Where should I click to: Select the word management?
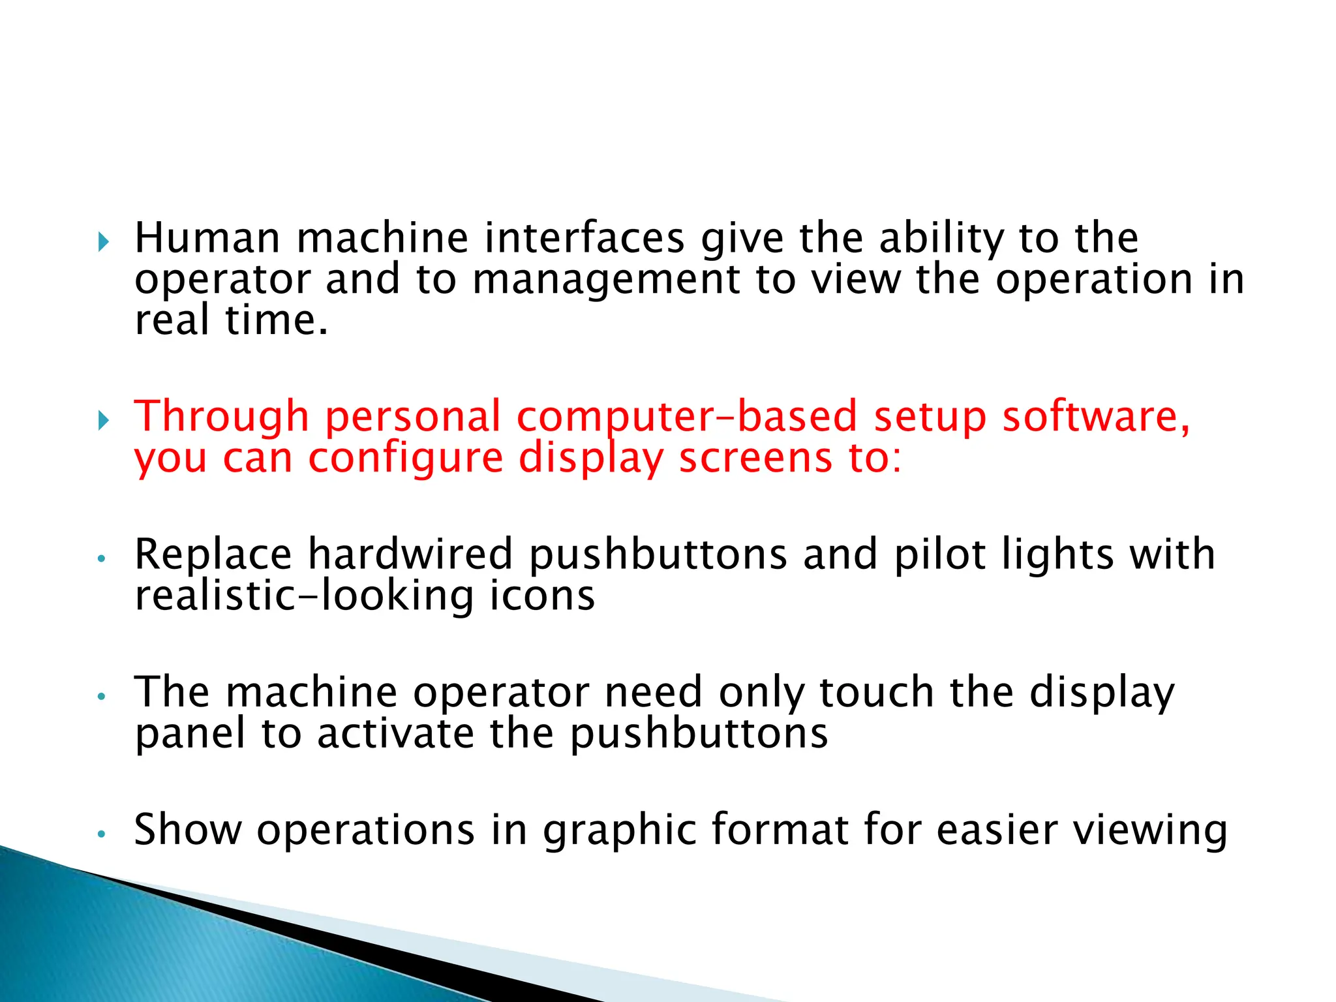(606, 281)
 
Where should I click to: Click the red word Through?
(221, 417)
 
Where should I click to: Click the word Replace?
(213, 554)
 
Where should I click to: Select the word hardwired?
(410, 554)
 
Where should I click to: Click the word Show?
(188, 830)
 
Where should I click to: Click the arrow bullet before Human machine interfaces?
(104, 243)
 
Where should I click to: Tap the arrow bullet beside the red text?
(104, 421)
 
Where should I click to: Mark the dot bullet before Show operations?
(100, 834)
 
